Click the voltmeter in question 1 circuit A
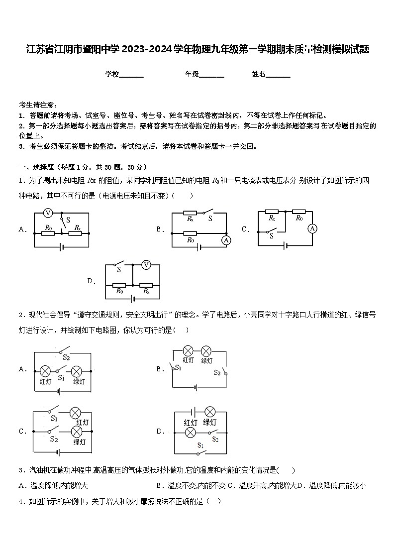pyautogui.click(x=48, y=213)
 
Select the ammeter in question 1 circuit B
pyautogui.click(x=226, y=240)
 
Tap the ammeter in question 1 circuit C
pyautogui.click(x=312, y=228)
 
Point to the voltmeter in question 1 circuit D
pyautogui.click(x=146, y=265)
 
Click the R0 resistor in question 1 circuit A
pyautogui.click(x=48, y=233)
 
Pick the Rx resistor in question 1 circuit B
pyautogui.click(x=190, y=213)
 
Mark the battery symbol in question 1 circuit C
pyautogui.click(x=286, y=245)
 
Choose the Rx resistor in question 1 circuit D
pyautogui.click(x=146, y=285)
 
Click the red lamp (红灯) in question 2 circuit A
pyautogui.click(x=45, y=371)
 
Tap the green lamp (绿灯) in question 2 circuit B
pyautogui.click(x=207, y=350)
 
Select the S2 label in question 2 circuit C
pyautogui.click(x=54, y=440)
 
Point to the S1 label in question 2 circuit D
pyautogui.click(x=200, y=445)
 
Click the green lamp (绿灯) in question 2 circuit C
pyautogui.click(x=77, y=432)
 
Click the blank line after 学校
pyautogui.click(x=131, y=75)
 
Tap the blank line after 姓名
pyautogui.click(x=278, y=75)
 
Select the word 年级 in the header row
pyautogui.click(x=192, y=74)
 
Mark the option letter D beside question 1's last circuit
pyautogui.click(x=91, y=281)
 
